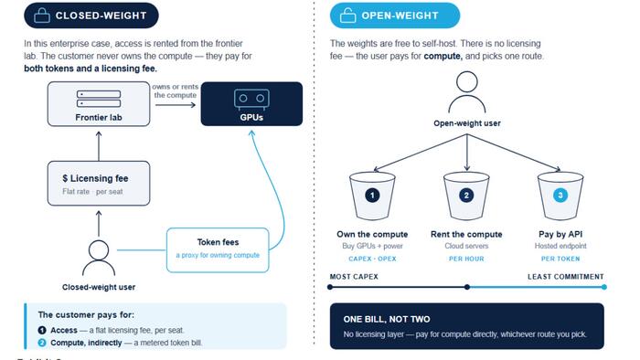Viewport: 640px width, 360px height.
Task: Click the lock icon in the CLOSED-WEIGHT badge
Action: (42, 16)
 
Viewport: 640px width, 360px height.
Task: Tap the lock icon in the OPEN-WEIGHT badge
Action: (347, 16)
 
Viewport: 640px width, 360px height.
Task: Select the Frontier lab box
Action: (99, 104)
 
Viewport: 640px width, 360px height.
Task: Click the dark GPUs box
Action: (251, 104)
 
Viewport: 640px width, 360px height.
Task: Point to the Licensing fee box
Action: (99, 184)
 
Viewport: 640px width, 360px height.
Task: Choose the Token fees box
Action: (218, 250)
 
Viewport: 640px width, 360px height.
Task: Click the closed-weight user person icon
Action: (99, 258)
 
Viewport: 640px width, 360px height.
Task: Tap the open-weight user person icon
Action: (467, 92)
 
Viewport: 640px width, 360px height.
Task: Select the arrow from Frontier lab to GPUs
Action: (176, 105)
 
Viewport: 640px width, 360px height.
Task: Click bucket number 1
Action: (372, 196)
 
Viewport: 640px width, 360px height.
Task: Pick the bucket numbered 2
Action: (466, 196)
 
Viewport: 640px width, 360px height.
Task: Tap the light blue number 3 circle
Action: (560, 196)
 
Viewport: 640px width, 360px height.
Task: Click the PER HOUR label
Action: (466, 259)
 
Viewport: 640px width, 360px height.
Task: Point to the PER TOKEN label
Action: (560, 259)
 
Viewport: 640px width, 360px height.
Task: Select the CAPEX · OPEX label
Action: (372, 259)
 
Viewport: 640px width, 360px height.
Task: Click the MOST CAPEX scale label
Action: (354, 277)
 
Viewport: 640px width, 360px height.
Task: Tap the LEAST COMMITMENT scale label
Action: (566, 277)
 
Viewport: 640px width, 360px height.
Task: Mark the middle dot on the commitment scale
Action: (467, 287)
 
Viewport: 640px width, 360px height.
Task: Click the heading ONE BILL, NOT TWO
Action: (387, 319)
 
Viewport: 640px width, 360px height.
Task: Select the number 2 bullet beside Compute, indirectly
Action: (42, 343)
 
